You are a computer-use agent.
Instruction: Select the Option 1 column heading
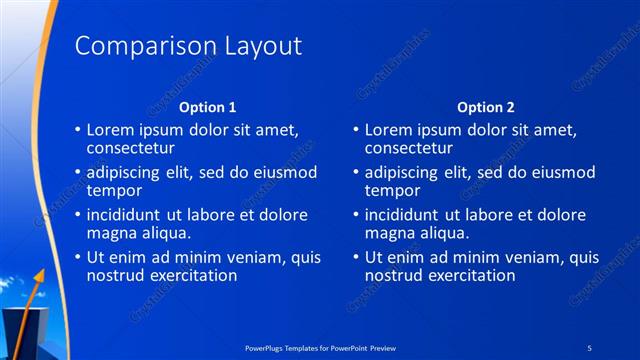(207, 106)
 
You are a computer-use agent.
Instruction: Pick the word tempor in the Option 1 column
(114, 190)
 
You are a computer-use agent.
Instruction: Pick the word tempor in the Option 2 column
(392, 190)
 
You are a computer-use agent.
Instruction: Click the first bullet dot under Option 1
(78, 130)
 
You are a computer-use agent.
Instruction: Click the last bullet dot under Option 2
(356, 257)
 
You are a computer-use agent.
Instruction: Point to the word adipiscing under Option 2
(402, 172)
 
